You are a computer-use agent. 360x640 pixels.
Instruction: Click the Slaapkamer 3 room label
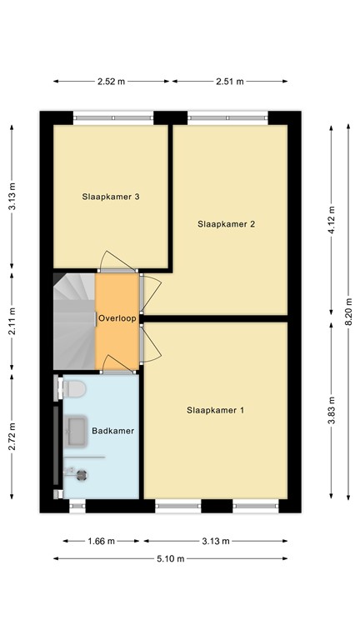110,197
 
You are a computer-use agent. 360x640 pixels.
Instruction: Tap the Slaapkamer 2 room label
226,224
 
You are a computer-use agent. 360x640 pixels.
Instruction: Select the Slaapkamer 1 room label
215,410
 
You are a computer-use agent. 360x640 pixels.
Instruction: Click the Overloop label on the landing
117,319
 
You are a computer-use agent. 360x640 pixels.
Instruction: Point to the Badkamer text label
113,431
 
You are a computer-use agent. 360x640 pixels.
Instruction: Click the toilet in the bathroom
73,389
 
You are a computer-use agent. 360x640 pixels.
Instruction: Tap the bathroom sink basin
76,430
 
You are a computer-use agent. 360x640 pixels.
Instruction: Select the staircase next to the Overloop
73,321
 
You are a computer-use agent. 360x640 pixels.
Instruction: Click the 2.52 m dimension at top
112,82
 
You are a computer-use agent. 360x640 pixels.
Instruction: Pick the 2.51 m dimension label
229,82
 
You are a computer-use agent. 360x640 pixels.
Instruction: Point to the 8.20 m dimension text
348,313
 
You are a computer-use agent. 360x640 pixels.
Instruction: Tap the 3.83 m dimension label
331,411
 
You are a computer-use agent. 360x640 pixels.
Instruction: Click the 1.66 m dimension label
99,540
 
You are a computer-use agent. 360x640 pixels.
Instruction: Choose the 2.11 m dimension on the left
12,321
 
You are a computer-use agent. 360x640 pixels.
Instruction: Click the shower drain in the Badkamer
82,475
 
